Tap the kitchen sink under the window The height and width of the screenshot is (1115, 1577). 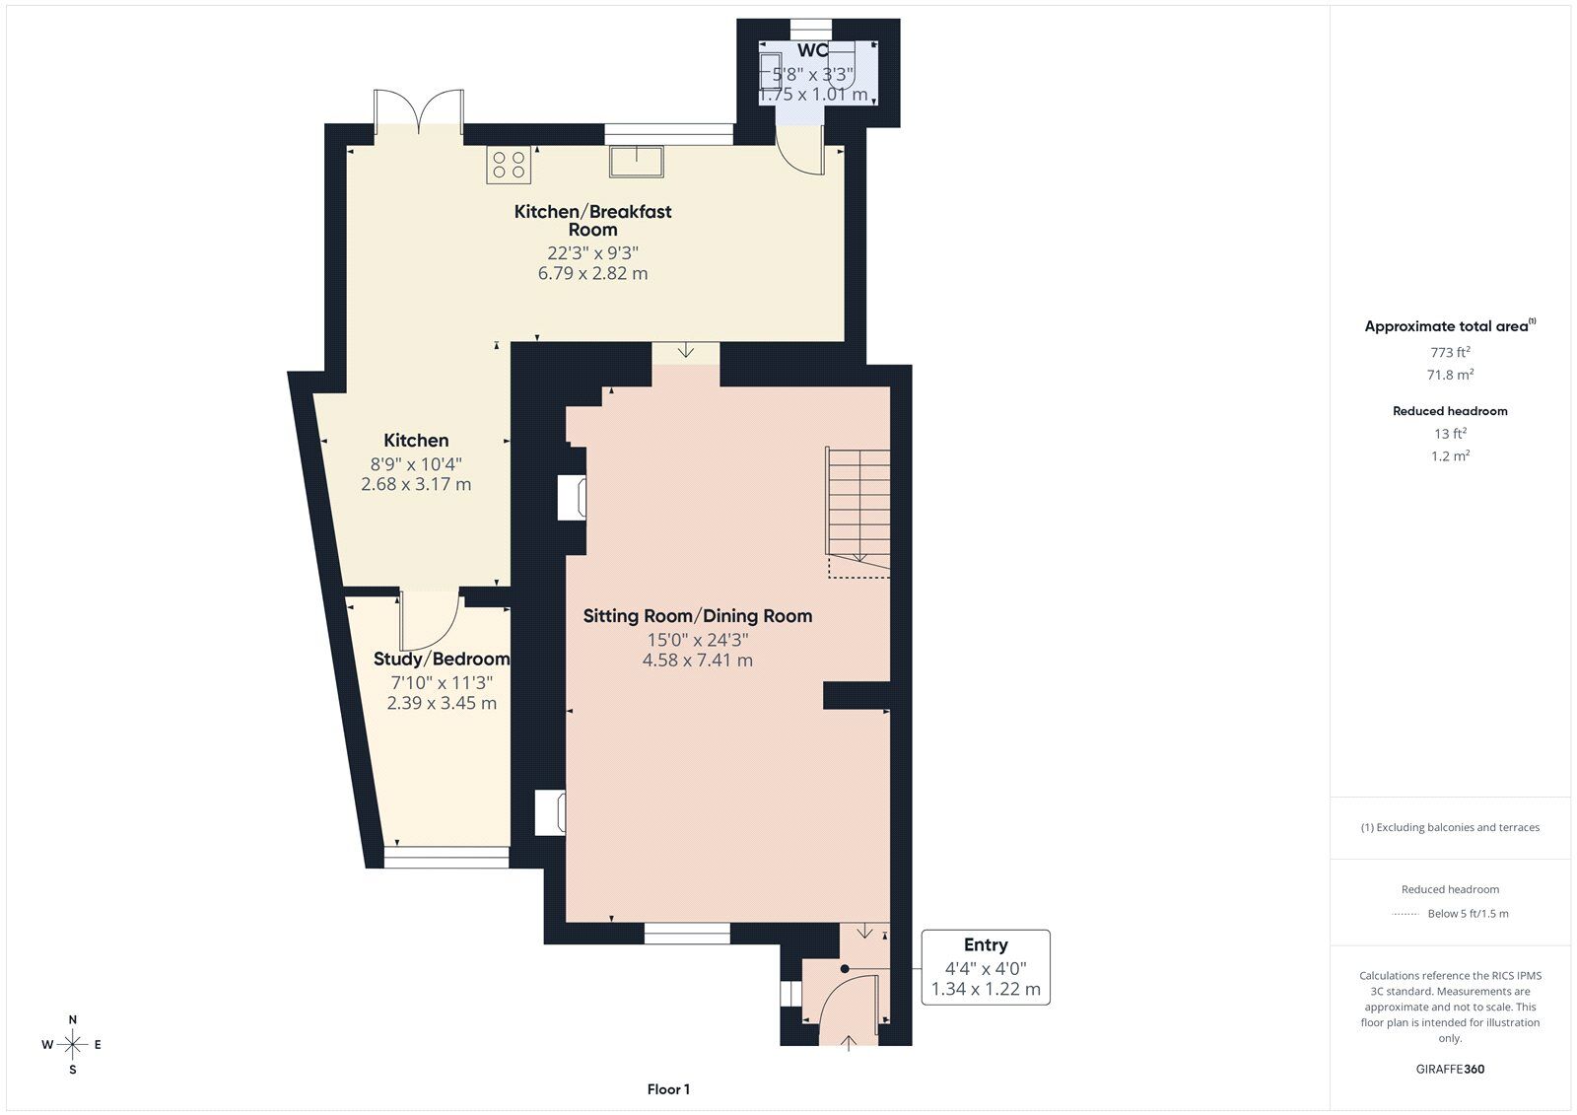pyautogui.click(x=637, y=162)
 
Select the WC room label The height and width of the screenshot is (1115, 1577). pyautogui.click(x=812, y=50)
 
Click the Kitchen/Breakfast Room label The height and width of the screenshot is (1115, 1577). pyautogui.click(x=592, y=221)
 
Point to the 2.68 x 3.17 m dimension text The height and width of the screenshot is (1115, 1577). pyautogui.click(x=416, y=484)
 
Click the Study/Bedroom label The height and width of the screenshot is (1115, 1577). pyautogui.click(x=442, y=659)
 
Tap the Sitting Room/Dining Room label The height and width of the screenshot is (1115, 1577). pyautogui.click(x=698, y=615)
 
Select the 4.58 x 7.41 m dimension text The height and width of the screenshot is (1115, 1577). pyautogui.click(x=698, y=660)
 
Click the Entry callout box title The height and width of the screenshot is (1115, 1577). pyautogui.click(x=986, y=944)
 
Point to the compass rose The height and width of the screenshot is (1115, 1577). pyautogui.click(x=72, y=1044)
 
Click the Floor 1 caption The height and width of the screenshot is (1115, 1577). pyautogui.click(x=669, y=1089)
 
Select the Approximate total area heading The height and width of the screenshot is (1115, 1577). pyautogui.click(x=1450, y=325)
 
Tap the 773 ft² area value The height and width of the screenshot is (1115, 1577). pyautogui.click(x=1450, y=352)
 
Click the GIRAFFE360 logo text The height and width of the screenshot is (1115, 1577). pyautogui.click(x=1450, y=1069)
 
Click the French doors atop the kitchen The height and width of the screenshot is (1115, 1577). pyautogui.click(x=419, y=110)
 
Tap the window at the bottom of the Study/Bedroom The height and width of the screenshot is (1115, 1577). pyautogui.click(x=446, y=858)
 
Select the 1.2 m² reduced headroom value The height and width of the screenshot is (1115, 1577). pyautogui.click(x=1450, y=455)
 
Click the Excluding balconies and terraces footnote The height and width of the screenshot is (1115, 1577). pyautogui.click(x=1450, y=827)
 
